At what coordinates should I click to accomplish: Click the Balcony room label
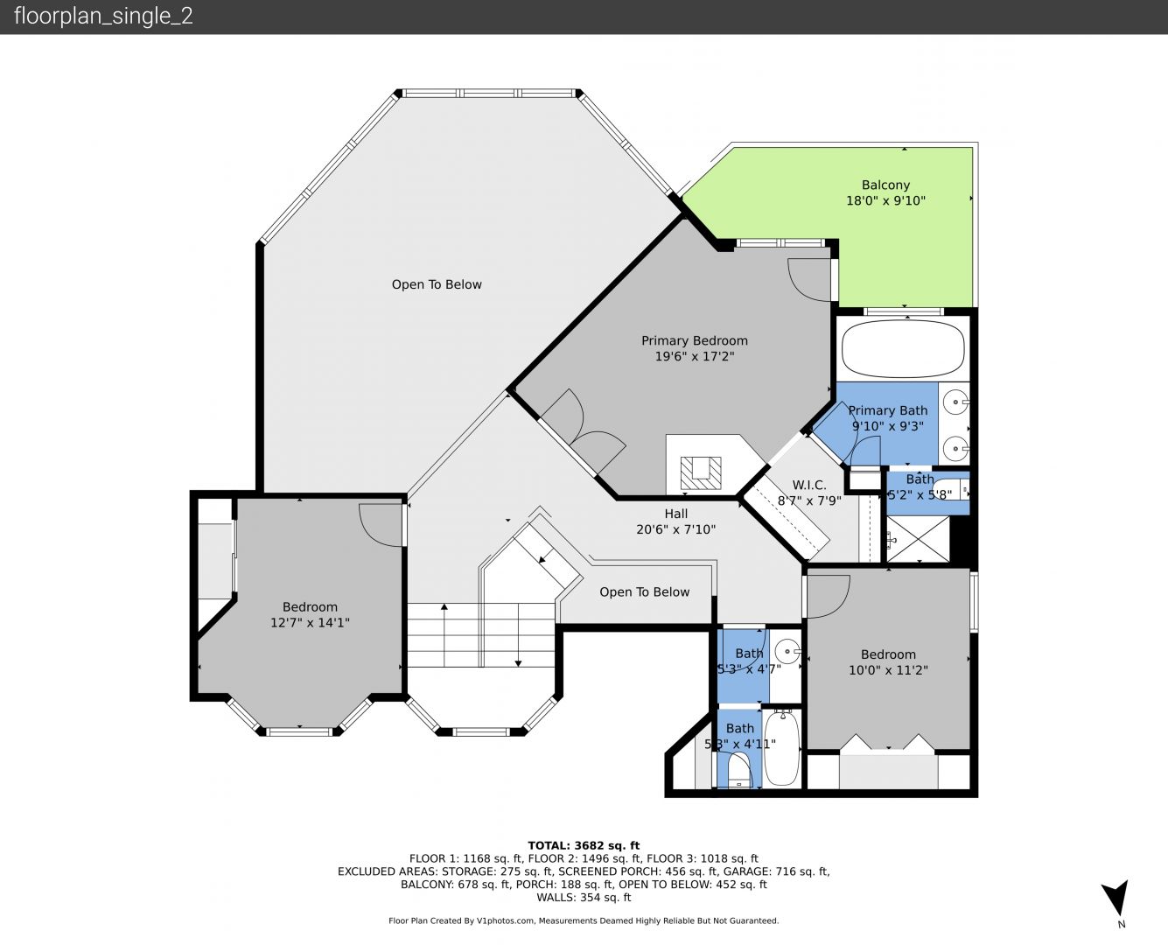[885, 185]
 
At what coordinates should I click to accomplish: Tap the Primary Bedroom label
[694, 340]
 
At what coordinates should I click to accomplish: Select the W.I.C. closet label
[808, 485]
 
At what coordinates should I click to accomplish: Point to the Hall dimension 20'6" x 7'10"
[675, 529]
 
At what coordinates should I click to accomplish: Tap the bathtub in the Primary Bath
[903, 349]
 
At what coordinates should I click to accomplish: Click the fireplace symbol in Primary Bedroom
[700, 472]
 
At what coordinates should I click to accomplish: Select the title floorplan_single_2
[103, 17]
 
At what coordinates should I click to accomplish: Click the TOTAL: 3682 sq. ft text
[584, 845]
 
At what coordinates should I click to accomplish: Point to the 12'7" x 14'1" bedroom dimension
[310, 622]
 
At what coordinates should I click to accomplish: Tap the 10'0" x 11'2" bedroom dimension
[888, 669]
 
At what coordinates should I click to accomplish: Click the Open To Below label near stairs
[644, 591]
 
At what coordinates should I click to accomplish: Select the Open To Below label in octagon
[437, 284]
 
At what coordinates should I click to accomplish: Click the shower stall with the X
[918, 539]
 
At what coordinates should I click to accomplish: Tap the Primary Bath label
[888, 410]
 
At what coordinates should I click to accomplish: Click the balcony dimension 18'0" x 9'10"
[885, 200]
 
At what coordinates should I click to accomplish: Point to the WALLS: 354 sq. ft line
[584, 898]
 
